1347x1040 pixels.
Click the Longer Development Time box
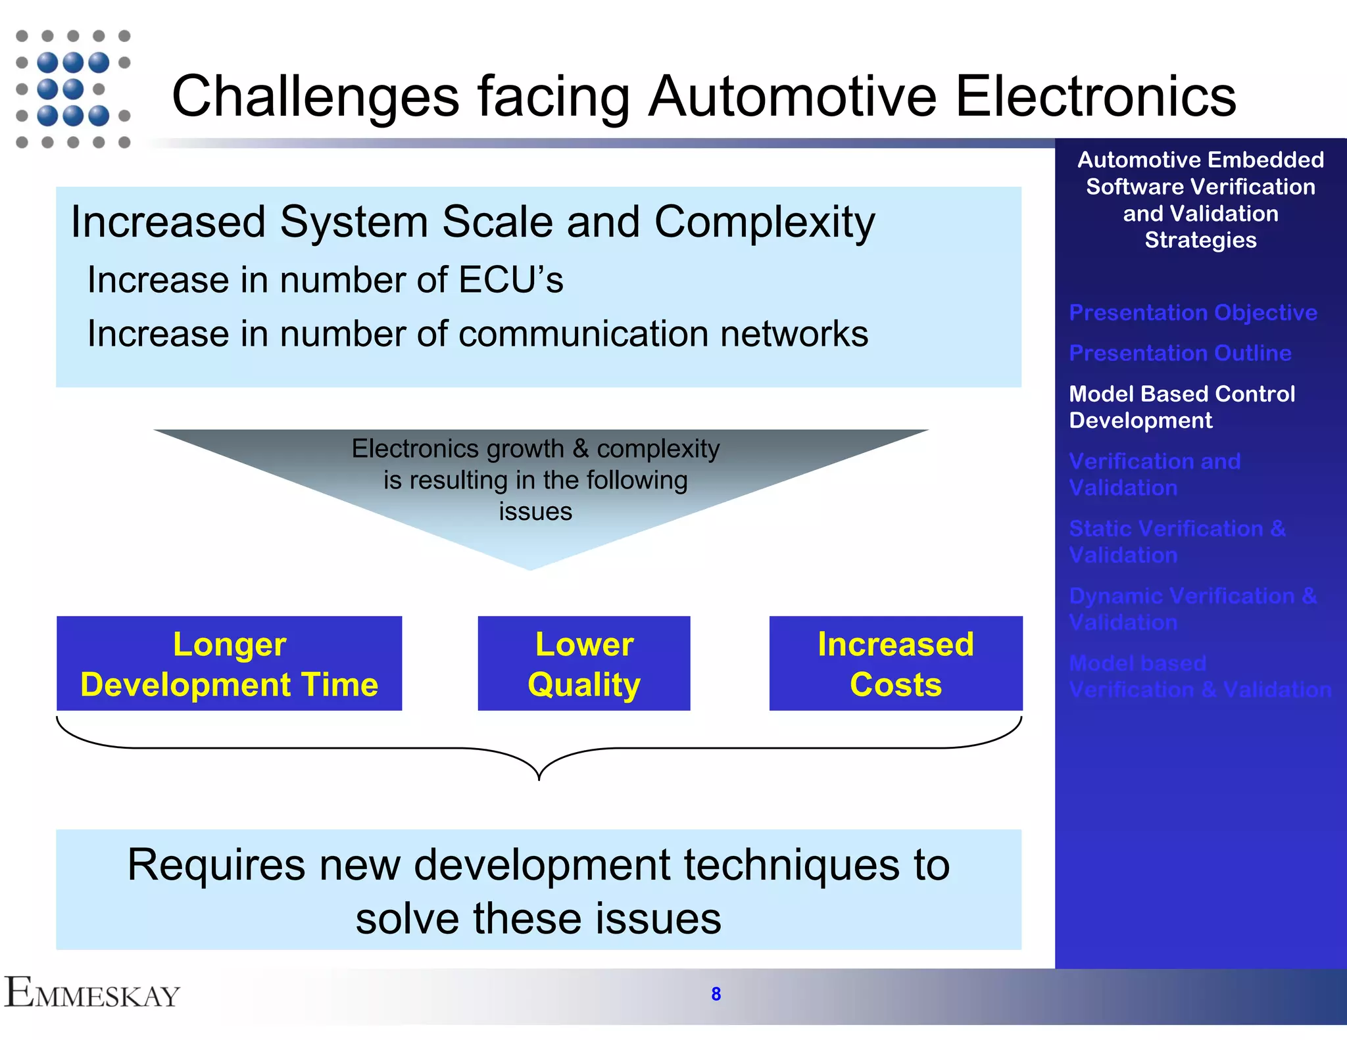[x=229, y=663]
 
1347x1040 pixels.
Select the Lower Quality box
[x=584, y=663]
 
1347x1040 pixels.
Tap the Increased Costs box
[x=896, y=663]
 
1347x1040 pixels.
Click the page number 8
[x=716, y=994]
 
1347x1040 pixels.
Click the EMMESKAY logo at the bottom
[x=92, y=993]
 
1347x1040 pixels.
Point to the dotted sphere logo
[x=72, y=89]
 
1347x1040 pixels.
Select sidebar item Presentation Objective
[x=1193, y=312]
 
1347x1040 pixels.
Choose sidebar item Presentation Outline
[x=1180, y=353]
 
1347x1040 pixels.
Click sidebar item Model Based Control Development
[x=1181, y=407]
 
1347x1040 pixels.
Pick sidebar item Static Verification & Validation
[x=1177, y=542]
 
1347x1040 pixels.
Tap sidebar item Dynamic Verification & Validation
[x=1192, y=609]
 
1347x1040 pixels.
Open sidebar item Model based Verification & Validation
[x=1200, y=676]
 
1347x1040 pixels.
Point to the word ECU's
[x=510, y=280]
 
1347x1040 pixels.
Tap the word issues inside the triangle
[x=535, y=511]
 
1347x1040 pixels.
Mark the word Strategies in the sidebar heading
[x=1200, y=240]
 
